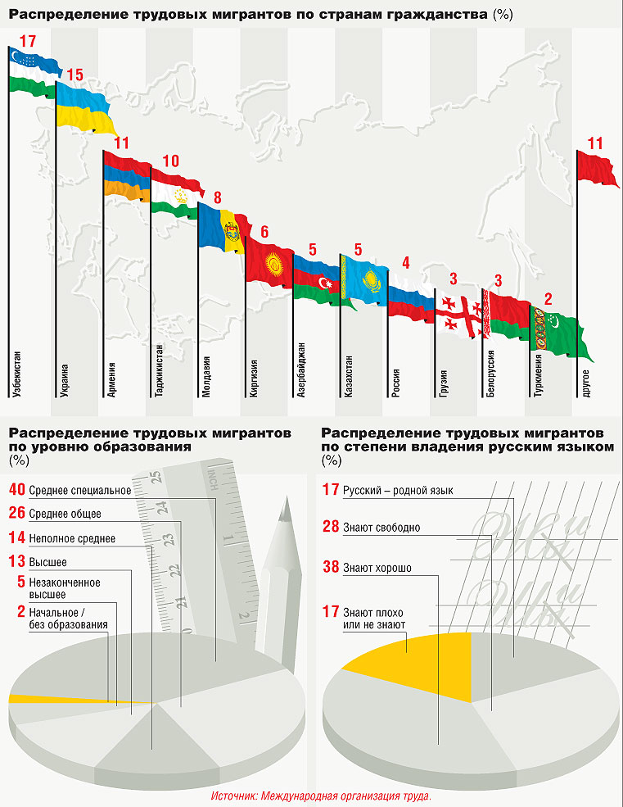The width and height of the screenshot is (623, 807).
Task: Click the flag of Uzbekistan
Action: pos(34,72)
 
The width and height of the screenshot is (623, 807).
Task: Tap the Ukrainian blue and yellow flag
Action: pos(84,107)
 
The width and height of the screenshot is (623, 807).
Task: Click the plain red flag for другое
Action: pos(598,167)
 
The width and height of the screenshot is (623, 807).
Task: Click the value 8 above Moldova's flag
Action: pos(218,197)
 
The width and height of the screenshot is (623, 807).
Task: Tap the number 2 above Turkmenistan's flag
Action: pos(548,298)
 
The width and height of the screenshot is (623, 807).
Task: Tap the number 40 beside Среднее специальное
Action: pos(16,490)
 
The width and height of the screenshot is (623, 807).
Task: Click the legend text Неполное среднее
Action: pos(72,538)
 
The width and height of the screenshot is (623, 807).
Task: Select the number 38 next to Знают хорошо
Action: pos(331,567)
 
